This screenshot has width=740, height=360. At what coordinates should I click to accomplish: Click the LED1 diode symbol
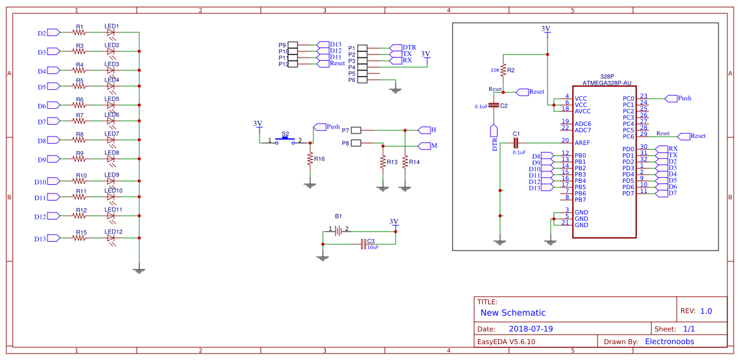111,32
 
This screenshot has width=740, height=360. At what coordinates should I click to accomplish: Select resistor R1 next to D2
79,32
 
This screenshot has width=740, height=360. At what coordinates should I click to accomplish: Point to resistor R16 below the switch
310,159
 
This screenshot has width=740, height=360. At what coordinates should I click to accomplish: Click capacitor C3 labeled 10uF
364,244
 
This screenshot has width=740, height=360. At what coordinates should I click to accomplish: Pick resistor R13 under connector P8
382,163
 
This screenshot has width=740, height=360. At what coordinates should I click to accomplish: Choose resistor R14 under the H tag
404,163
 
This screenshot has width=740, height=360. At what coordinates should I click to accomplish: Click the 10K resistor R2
503,70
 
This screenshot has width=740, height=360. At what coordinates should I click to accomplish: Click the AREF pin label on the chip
582,143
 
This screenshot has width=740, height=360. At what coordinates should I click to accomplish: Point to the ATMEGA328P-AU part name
606,83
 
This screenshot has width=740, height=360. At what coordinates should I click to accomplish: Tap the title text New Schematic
513,313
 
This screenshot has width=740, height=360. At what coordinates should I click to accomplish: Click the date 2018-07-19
530,329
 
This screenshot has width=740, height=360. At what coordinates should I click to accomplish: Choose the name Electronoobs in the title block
669,342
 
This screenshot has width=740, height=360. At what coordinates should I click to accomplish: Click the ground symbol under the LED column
139,270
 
